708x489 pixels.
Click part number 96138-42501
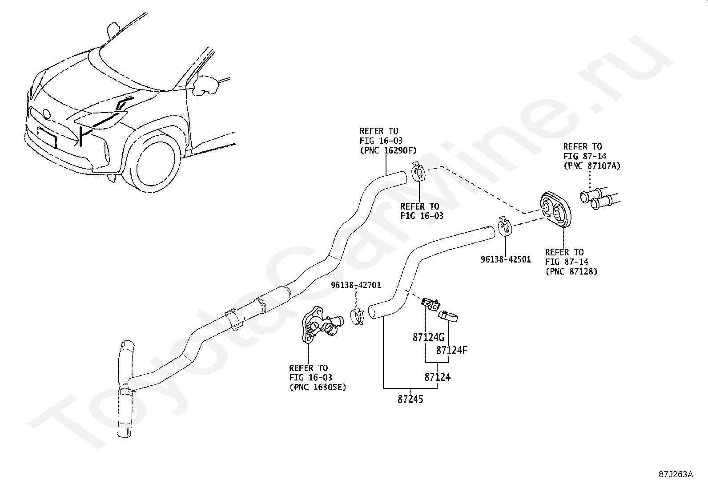[506, 259]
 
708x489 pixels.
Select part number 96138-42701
[356, 285]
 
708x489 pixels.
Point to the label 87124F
[451, 351]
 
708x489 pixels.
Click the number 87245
[410, 400]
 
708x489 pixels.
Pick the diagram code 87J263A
[676, 474]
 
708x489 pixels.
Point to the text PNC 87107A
[591, 166]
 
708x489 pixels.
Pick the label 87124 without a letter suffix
[437, 377]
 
